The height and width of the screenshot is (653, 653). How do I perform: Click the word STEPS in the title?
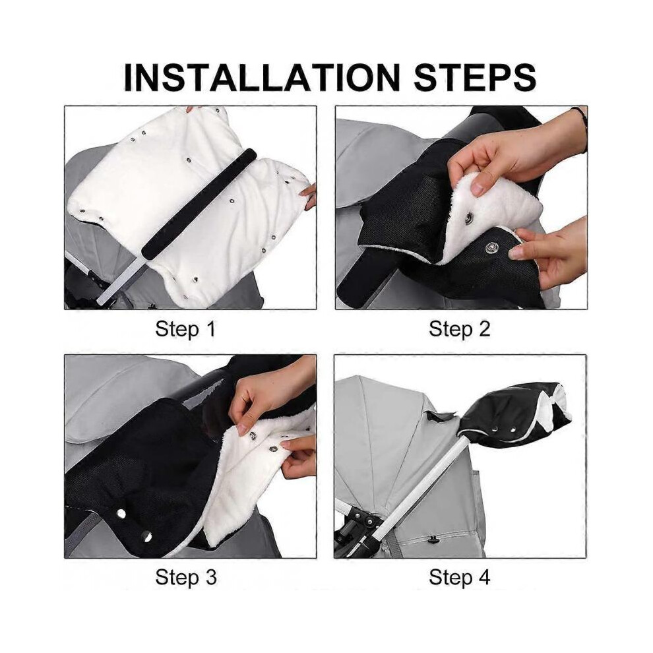(x=475, y=77)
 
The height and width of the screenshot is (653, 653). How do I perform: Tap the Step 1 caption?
(x=185, y=329)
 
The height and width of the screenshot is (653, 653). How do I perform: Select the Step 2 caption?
(x=459, y=329)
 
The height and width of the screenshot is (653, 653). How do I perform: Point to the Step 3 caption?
(x=186, y=577)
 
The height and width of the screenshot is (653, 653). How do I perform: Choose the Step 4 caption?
(x=459, y=577)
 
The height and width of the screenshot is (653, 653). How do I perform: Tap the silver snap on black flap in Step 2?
(x=491, y=249)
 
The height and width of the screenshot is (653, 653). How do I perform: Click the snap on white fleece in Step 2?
(x=470, y=216)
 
